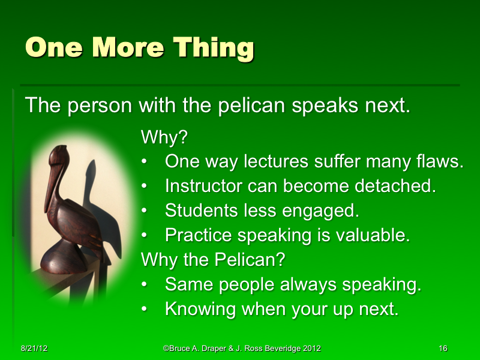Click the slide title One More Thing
[139, 47]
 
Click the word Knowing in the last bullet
[200, 309]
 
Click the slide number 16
[443, 349]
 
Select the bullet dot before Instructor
[145, 187]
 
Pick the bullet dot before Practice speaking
[145, 236]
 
